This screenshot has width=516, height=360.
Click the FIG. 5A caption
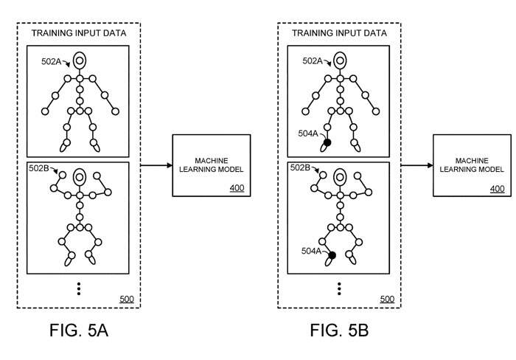pyautogui.click(x=79, y=330)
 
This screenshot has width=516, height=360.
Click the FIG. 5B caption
pyautogui.click(x=339, y=330)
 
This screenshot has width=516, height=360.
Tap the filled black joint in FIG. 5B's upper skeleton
pyautogui.click(x=327, y=142)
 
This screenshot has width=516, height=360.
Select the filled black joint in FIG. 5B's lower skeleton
pyautogui.click(x=332, y=255)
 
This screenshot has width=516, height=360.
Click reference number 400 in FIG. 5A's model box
pyautogui.click(x=237, y=188)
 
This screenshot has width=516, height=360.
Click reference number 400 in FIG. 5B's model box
pyautogui.click(x=498, y=189)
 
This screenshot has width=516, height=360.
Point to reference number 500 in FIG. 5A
pyautogui.click(x=127, y=299)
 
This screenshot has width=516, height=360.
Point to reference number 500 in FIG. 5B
pyautogui.click(x=387, y=299)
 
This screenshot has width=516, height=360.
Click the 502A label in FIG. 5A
pyautogui.click(x=52, y=61)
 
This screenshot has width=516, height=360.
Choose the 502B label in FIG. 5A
pyautogui.click(x=39, y=168)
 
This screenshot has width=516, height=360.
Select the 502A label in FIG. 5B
pyautogui.click(x=313, y=60)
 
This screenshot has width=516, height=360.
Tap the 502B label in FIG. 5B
pyautogui.click(x=300, y=167)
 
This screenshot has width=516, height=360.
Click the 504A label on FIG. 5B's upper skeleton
pyautogui.click(x=308, y=133)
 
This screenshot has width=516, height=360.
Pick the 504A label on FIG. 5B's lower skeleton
pyautogui.click(x=311, y=251)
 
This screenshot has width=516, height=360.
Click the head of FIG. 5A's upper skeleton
pyautogui.click(x=80, y=60)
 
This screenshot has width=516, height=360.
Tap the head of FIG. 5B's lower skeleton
pyautogui.click(x=340, y=177)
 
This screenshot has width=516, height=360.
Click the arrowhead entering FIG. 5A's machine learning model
pyautogui.click(x=170, y=165)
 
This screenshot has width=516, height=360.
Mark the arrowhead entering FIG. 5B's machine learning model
pyautogui.click(x=430, y=165)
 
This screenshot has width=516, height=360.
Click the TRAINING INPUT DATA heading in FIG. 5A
pyautogui.click(x=79, y=33)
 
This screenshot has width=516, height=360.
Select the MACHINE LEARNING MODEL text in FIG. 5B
pyautogui.click(x=472, y=165)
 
